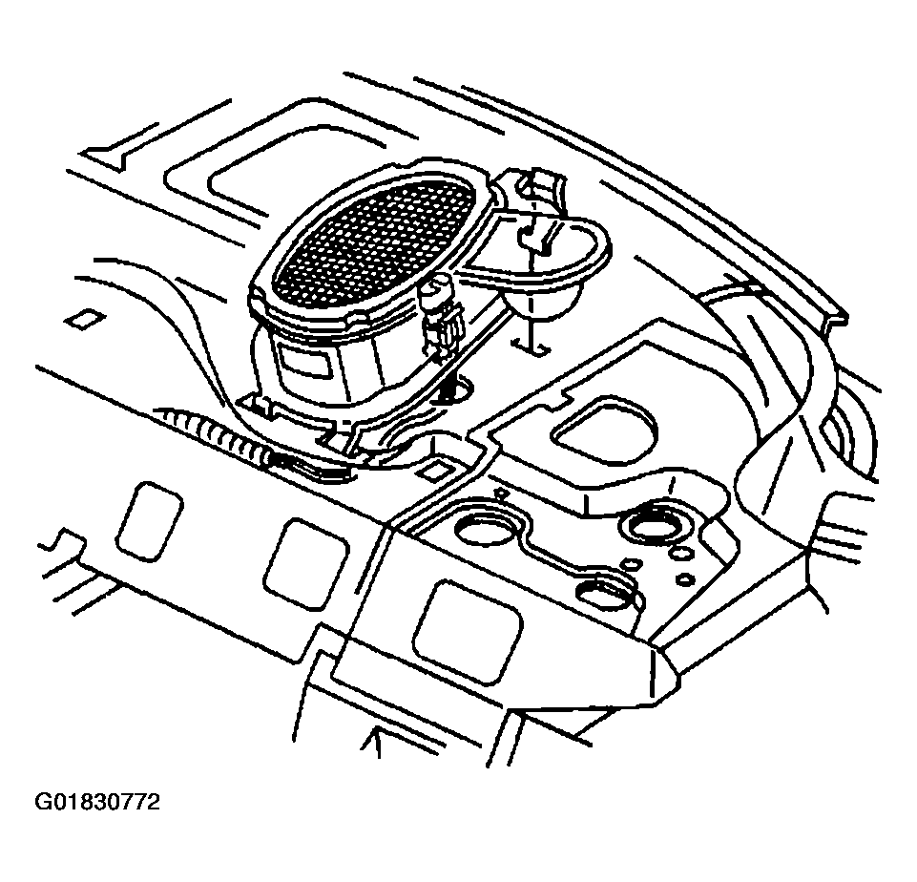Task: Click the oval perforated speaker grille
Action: (375, 238)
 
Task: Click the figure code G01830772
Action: (97, 802)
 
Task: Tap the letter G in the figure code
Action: (43, 802)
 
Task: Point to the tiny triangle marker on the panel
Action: (499, 495)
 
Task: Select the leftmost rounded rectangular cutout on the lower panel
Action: (148, 520)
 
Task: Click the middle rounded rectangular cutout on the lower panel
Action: (305, 564)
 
